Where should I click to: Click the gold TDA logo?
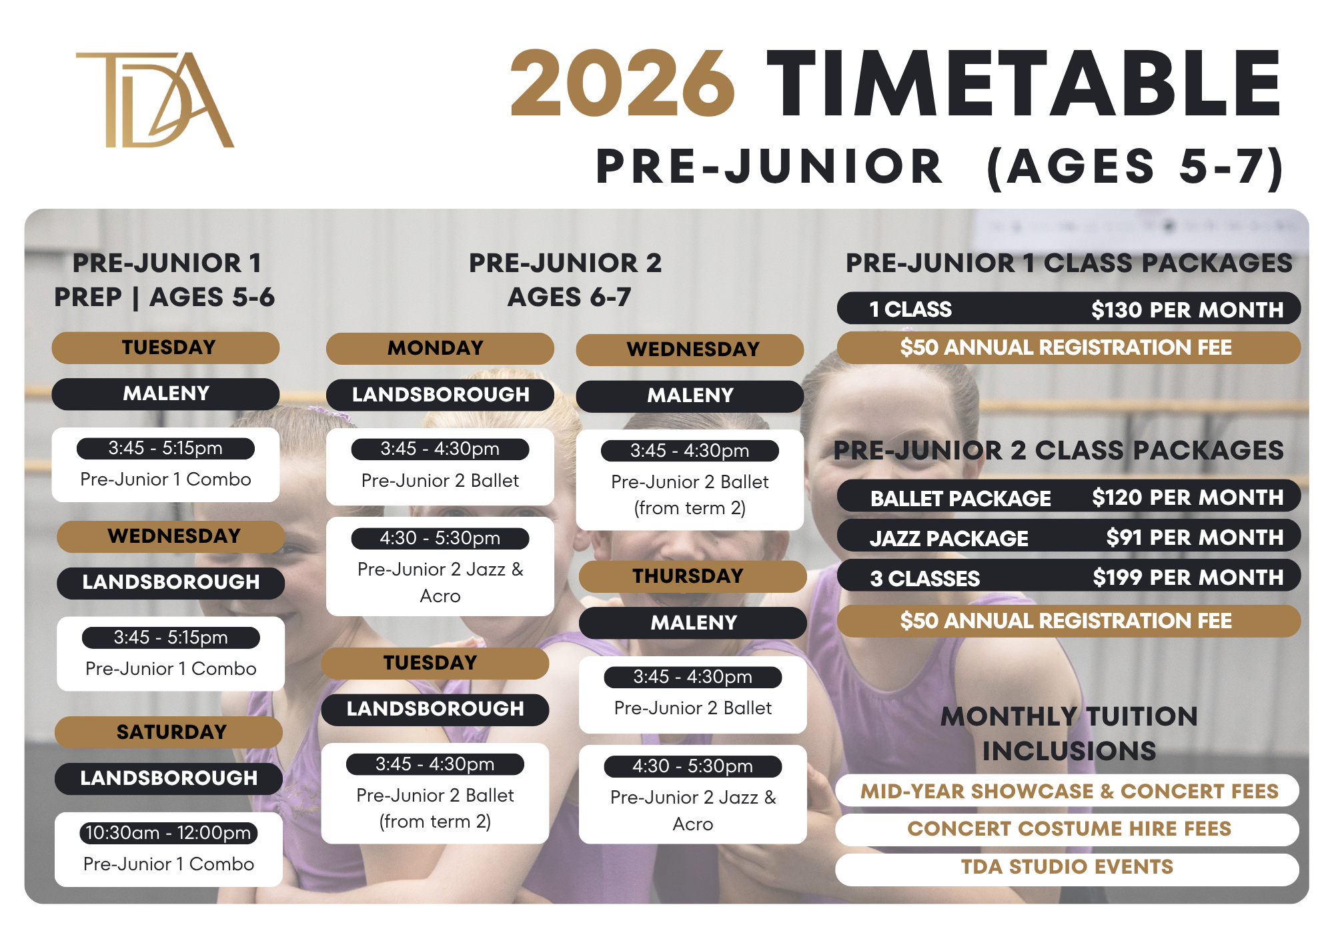point(155,99)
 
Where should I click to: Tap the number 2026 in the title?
point(623,84)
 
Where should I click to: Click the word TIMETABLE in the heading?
point(1023,84)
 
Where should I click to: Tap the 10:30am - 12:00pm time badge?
point(168,833)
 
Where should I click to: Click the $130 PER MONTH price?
point(1187,309)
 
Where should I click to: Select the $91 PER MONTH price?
point(1195,537)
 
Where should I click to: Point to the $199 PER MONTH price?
point(1188,577)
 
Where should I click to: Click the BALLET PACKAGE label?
point(960,498)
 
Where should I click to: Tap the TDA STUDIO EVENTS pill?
point(1067,867)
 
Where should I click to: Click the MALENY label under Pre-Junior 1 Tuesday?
point(165,393)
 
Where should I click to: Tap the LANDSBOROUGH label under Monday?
point(440,395)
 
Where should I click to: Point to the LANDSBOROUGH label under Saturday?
point(169,778)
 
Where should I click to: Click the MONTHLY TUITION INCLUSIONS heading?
point(1069,734)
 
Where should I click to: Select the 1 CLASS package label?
point(910,309)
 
